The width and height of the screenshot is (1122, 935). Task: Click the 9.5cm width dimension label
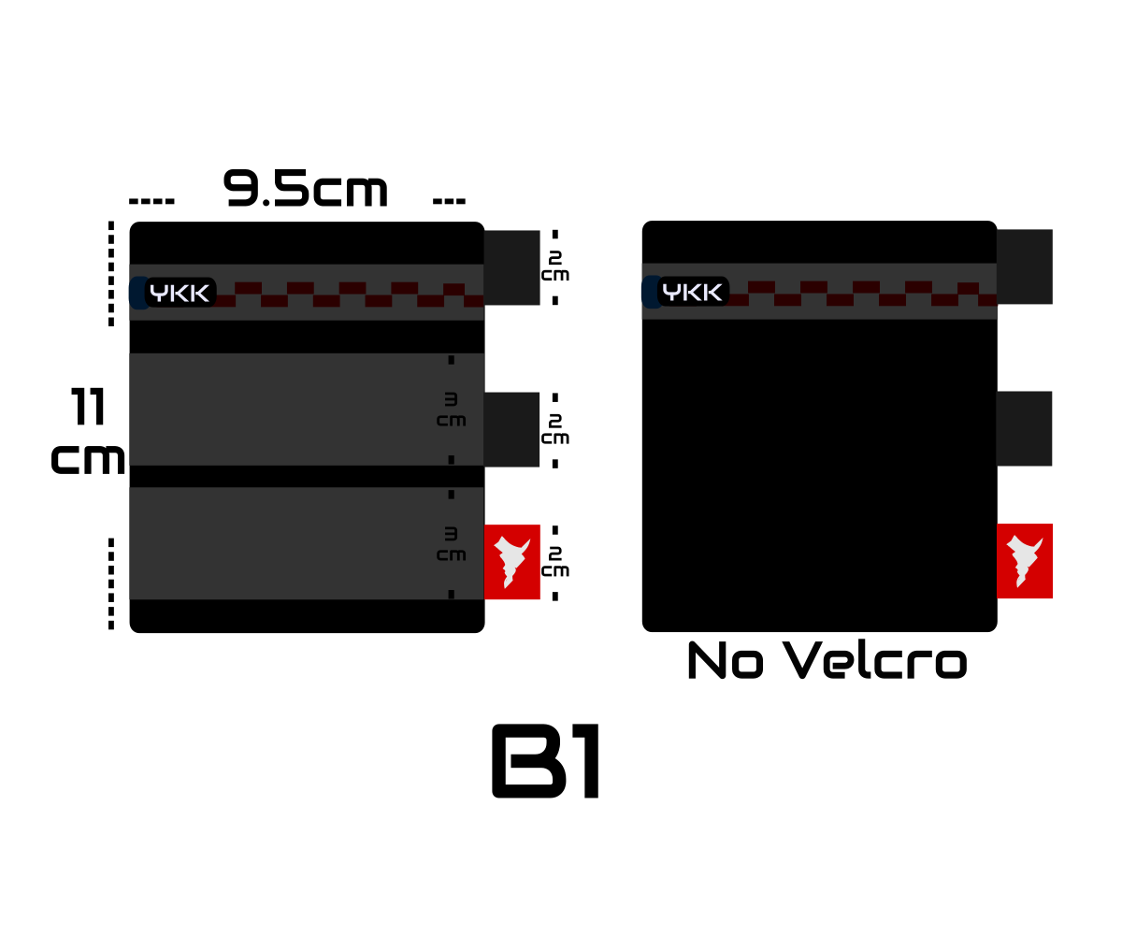click(x=305, y=189)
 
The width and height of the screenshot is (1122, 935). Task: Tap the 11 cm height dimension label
click(x=88, y=430)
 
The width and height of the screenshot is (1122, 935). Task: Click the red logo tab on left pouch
click(x=512, y=562)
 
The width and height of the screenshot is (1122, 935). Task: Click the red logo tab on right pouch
click(x=1025, y=561)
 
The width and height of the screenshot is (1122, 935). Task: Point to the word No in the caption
click(x=726, y=660)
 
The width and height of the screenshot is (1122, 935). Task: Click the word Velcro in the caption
click(x=875, y=660)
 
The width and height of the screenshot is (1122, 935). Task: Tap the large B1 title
click(x=545, y=761)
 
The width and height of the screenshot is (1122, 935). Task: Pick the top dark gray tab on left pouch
click(x=512, y=268)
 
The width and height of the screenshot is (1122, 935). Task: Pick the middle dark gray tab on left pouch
click(x=511, y=430)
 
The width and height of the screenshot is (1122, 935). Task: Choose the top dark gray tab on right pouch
click(x=1025, y=267)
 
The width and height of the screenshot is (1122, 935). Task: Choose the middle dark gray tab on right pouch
click(x=1024, y=429)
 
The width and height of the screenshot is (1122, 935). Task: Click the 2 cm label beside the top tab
click(x=555, y=266)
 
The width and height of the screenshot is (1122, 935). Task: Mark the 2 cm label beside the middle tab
click(x=555, y=429)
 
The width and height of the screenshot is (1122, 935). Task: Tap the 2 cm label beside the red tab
click(x=555, y=562)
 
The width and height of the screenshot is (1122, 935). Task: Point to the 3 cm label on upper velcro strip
click(x=452, y=410)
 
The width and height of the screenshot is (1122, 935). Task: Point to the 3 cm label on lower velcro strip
click(x=452, y=544)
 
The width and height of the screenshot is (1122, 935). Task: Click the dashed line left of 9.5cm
click(x=151, y=202)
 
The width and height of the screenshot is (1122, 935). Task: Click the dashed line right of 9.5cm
click(x=449, y=202)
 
